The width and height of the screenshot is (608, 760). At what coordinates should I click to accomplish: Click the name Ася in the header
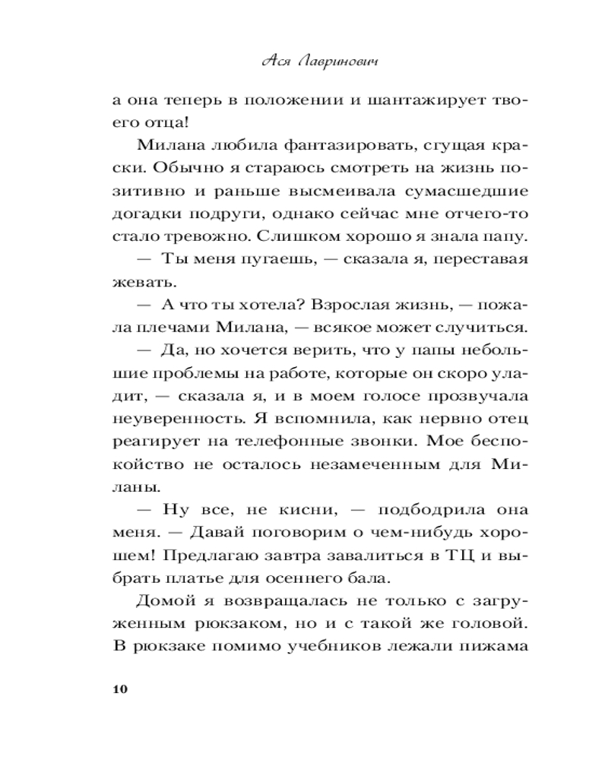271,63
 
